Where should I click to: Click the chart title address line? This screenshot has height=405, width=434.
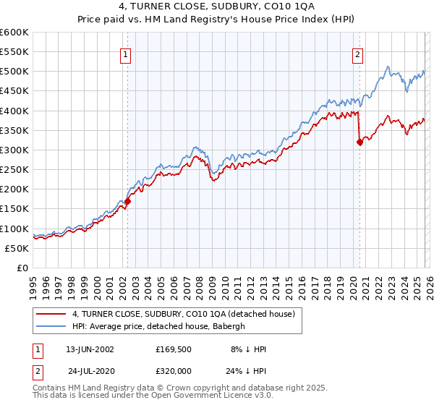click(217, 8)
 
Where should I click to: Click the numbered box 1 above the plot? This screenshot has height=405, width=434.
click(126, 54)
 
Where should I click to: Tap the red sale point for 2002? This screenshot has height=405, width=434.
click(127, 202)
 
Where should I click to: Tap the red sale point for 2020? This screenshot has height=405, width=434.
click(359, 142)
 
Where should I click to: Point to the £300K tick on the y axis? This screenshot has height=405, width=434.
click(14, 150)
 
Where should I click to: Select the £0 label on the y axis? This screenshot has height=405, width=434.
click(22, 268)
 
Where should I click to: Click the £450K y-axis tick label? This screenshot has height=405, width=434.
click(14, 91)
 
